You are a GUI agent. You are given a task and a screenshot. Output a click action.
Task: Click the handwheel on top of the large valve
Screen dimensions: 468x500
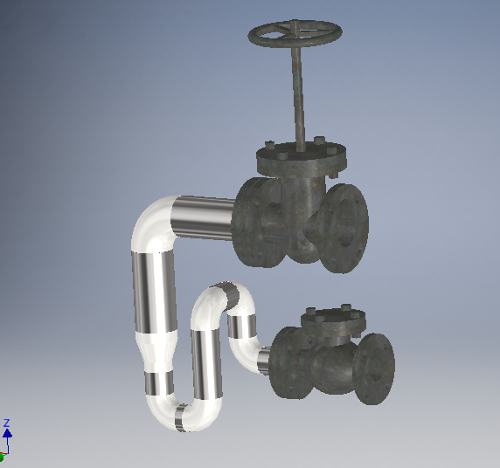coord(295,35)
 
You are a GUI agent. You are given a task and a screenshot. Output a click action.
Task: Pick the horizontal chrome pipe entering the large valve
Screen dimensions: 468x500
coord(203,216)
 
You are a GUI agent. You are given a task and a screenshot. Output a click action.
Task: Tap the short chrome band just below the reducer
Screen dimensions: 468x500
coord(159,382)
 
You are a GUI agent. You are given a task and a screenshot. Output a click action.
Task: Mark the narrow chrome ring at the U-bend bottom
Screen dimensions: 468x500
coord(181,416)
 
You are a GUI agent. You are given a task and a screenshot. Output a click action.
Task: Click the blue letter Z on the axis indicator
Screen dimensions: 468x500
coord(6,423)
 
